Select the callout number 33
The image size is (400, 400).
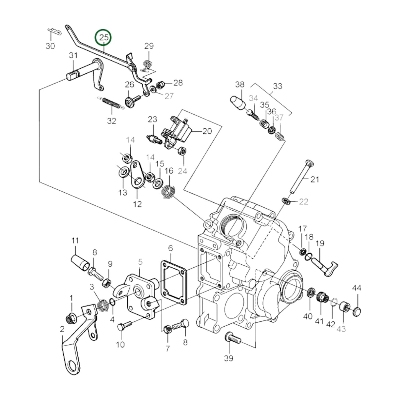pyautogui.click(x=277, y=86)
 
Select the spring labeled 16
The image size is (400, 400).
pyautogui.click(x=169, y=191)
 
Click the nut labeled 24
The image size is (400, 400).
pyautogui.click(x=183, y=151)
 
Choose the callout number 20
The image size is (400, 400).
pyautogui.click(x=207, y=131)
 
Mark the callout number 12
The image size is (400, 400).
pyautogui.click(x=137, y=204)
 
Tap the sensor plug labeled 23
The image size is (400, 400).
pyautogui.click(x=153, y=138)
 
